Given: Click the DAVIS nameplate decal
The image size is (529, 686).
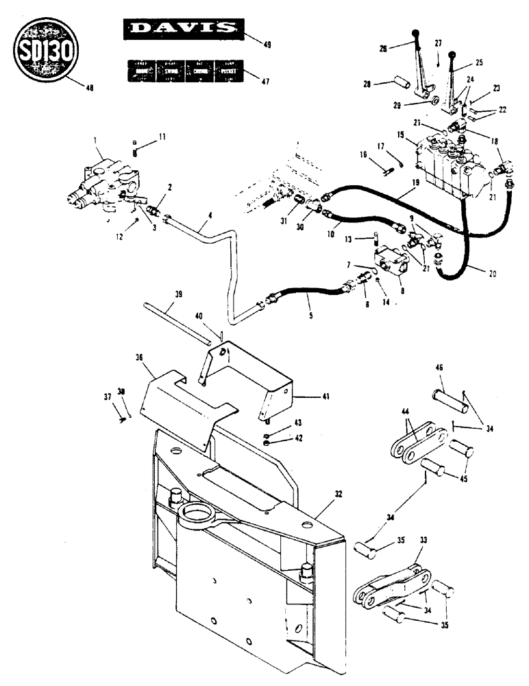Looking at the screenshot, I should (182, 28).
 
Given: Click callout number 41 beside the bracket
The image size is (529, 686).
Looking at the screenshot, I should (306, 397).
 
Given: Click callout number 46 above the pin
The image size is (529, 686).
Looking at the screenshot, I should (438, 368).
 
